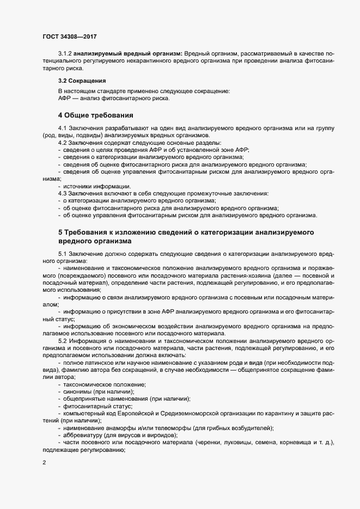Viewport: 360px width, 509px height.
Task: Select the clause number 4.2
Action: point(62,142)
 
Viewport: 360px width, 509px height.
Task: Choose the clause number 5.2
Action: point(62,341)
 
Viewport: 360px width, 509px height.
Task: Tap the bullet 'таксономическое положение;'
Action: point(100,384)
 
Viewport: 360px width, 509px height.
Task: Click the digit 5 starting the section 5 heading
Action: point(60,232)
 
